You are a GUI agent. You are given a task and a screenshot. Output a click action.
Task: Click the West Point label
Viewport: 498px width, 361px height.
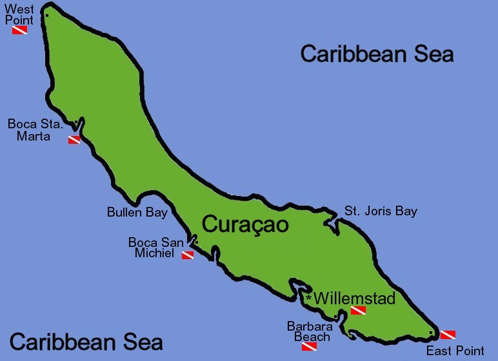point(19,15)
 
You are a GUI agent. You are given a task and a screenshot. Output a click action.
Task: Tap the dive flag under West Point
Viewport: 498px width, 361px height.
point(19,30)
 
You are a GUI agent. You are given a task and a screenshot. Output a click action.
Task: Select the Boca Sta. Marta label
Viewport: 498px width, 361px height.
point(35,130)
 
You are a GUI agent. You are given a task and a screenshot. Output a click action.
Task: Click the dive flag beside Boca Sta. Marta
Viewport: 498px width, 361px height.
point(74,139)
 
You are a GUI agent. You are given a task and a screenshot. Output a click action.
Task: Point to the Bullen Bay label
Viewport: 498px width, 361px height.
point(137,212)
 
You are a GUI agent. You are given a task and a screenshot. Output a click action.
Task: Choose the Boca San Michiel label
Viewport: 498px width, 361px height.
point(155,248)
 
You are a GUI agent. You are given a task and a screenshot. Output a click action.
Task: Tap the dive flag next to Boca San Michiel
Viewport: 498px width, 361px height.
point(187,255)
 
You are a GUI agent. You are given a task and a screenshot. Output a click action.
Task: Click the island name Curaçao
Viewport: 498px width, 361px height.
point(245,224)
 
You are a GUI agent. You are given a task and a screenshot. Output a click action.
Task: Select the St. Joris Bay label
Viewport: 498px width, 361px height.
point(381,211)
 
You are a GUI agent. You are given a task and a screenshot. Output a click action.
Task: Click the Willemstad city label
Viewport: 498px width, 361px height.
point(354,298)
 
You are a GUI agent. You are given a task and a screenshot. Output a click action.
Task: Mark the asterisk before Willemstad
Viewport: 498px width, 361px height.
point(309,298)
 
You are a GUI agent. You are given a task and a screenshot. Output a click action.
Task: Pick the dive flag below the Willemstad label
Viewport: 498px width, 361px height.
point(358,311)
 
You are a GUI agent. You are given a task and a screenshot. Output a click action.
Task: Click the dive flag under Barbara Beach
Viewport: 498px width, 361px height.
point(309,347)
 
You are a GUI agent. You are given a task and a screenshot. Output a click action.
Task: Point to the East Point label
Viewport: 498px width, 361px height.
point(455,351)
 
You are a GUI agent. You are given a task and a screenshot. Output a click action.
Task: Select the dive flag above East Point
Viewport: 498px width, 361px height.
point(448,335)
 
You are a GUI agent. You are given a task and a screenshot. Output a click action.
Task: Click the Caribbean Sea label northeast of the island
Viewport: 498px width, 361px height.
point(377,54)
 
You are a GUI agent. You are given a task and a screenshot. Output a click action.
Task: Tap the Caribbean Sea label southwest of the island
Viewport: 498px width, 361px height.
point(86,341)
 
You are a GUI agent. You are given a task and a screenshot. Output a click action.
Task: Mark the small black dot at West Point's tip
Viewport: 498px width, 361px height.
point(47,15)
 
